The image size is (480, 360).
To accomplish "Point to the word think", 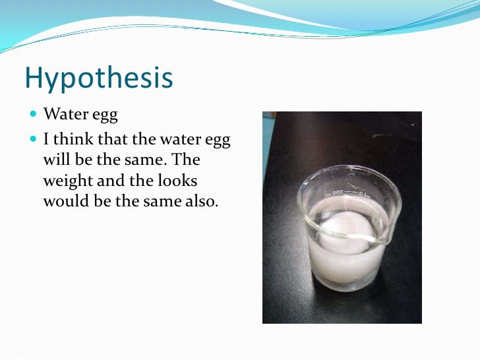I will (x=75, y=139).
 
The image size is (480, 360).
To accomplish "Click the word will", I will (x=57, y=160).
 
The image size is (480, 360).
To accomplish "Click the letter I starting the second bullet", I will (x=46, y=139).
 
